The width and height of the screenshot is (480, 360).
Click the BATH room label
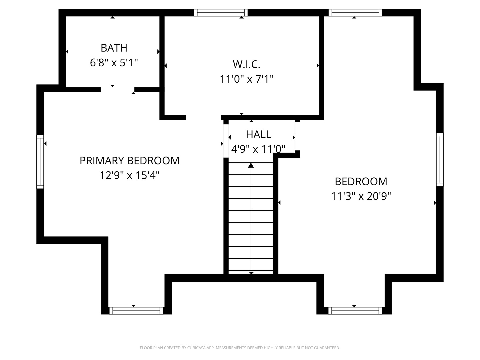(114, 48)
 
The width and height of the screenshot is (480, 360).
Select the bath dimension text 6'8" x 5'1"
(114, 63)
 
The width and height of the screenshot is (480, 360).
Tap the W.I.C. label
(246, 64)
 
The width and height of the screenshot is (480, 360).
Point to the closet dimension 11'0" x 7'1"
(246, 79)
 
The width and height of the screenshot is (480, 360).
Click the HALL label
(258, 134)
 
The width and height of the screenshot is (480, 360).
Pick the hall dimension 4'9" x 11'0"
(258, 149)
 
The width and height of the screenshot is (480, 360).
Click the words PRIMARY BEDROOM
(129, 161)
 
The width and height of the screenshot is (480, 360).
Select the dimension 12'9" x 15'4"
(129, 175)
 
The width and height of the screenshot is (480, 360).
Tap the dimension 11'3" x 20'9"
(361, 196)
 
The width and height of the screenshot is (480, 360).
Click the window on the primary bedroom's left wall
(40, 162)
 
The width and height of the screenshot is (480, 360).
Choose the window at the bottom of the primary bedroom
(136, 311)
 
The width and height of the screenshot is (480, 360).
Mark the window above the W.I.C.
(221, 13)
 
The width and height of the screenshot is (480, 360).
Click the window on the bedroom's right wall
(440, 160)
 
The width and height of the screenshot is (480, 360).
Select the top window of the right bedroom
(355, 13)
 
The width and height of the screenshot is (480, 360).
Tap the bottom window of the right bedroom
(355, 311)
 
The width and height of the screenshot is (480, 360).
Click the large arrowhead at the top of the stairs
(251, 165)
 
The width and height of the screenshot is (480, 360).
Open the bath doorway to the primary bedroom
(118, 89)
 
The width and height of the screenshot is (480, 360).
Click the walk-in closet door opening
(204, 117)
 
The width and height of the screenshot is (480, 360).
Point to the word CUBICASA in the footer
(196, 348)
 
